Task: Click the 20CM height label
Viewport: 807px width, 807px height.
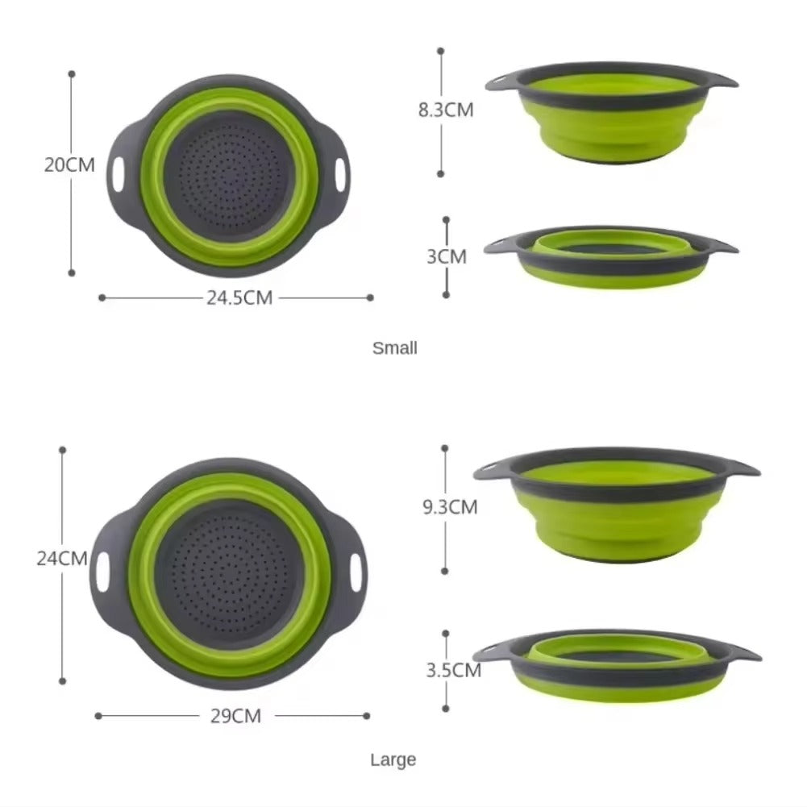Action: [x=69, y=165]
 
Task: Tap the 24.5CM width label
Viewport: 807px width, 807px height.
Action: [x=239, y=297]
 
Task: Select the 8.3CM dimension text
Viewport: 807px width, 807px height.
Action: [x=446, y=110]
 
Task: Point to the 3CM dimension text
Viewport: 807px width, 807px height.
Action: [x=447, y=256]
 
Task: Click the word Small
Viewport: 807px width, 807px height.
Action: [x=395, y=348]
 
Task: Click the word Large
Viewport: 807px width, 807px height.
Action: [x=393, y=759]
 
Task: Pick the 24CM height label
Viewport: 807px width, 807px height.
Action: [x=62, y=558]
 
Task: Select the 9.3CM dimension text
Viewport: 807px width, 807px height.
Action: [x=450, y=507]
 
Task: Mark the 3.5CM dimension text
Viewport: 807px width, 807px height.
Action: [x=452, y=669]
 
